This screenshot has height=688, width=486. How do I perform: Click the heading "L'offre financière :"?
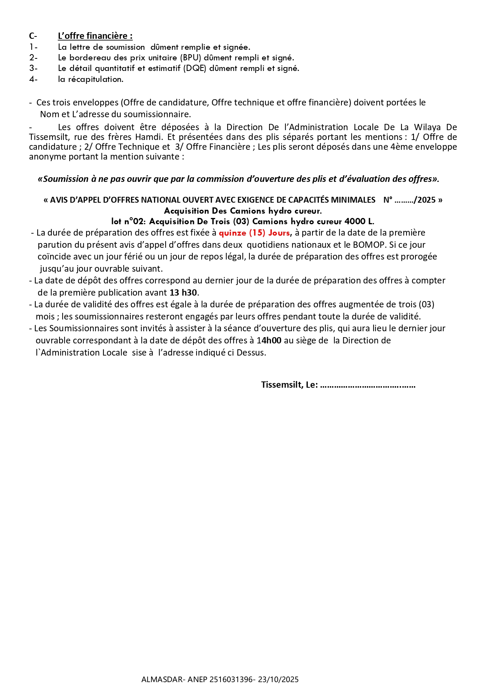click(95, 36)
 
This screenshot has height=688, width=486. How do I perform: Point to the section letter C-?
click(33, 36)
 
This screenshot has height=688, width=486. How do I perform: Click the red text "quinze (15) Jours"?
click(254, 233)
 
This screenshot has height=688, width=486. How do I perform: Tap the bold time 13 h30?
click(183, 293)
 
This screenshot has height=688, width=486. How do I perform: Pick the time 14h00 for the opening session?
click(269, 341)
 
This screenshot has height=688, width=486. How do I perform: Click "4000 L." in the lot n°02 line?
click(359, 221)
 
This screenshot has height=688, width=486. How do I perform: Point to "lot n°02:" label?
click(128, 221)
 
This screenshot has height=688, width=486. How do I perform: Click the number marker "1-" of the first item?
click(33, 47)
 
